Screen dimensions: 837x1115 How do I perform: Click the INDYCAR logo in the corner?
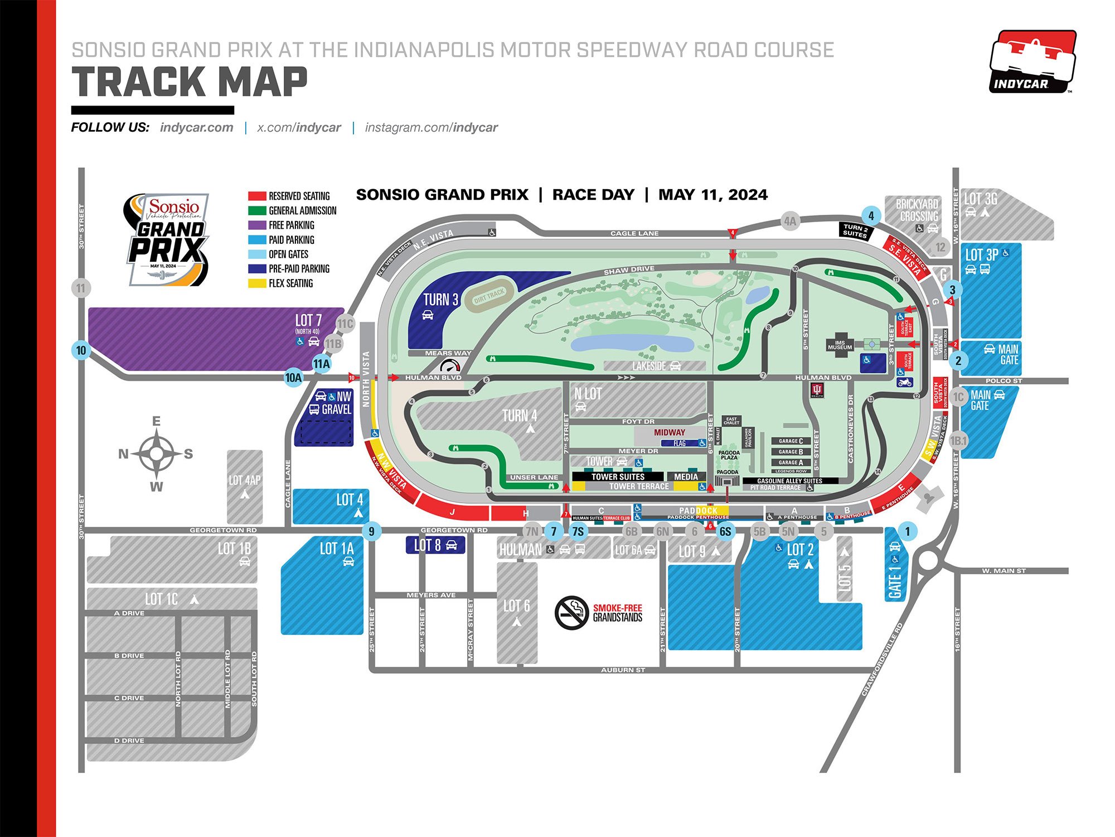pos(1032,61)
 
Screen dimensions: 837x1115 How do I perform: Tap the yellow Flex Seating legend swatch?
pos(256,283)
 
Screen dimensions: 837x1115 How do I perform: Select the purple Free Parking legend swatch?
pos(256,225)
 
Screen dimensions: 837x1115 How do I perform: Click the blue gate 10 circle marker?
pos(81,350)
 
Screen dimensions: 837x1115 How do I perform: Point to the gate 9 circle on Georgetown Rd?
pos(372,531)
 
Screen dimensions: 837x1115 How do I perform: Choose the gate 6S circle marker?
pos(725,531)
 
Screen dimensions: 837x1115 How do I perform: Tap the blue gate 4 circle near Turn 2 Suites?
pos(871,215)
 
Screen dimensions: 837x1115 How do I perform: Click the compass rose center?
pos(157,454)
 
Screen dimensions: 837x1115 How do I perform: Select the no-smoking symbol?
pos(571,612)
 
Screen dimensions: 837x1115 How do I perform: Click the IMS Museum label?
pos(840,345)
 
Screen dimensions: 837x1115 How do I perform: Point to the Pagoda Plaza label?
pos(729,455)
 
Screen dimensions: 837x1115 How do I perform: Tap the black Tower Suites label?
pos(618,477)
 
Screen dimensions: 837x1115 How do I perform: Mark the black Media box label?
pos(686,477)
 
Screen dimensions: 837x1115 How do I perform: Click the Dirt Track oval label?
pos(489,296)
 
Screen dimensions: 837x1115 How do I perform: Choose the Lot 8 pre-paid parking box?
pos(435,545)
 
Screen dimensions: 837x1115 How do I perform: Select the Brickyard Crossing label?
pos(917,210)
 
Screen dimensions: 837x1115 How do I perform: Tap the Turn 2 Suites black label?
pos(855,230)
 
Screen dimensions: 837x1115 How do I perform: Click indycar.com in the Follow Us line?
pos(196,127)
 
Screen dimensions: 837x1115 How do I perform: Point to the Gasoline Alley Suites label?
pos(789,481)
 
